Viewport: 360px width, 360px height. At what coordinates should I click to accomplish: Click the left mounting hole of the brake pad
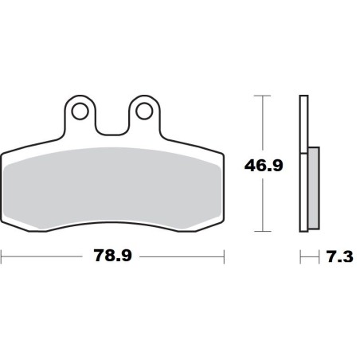click(x=77, y=111)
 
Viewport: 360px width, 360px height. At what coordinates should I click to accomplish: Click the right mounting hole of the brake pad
click(x=144, y=111)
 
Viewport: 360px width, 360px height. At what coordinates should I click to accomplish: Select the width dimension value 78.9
click(x=112, y=257)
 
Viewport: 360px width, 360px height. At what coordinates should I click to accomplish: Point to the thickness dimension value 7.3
click(x=338, y=257)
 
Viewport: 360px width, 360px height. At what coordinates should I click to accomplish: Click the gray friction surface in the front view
click(x=112, y=187)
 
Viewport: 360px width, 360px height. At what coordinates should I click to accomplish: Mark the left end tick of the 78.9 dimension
click(x=2, y=257)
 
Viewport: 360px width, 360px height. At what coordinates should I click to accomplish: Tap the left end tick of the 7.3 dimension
click(x=299, y=257)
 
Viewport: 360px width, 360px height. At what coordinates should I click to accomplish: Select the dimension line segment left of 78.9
click(x=44, y=257)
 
